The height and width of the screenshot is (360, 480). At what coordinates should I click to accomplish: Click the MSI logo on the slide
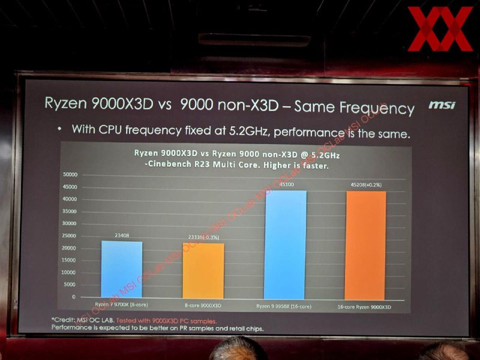point(442,106)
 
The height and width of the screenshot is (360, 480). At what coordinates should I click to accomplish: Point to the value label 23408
point(122,236)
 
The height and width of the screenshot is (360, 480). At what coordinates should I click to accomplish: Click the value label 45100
point(286,185)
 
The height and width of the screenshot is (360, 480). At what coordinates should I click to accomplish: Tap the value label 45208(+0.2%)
point(365,186)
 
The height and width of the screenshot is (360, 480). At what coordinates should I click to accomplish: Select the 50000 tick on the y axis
point(70,174)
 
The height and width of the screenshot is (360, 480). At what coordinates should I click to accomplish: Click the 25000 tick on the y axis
point(70,236)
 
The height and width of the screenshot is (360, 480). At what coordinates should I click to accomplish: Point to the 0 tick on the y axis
point(74,297)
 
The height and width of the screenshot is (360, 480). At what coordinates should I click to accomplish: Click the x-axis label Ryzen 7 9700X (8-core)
point(122,305)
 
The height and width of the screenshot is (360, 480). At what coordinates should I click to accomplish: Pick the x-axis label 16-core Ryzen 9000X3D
point(365,307)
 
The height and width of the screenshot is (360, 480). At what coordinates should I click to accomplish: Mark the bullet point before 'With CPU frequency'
point(59,128)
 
